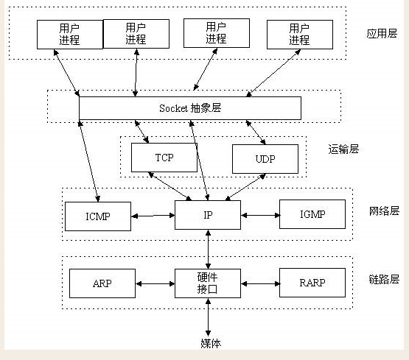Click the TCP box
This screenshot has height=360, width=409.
coord(164,158)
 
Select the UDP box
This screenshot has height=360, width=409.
coord(265,159)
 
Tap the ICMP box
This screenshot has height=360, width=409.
coord(98,216)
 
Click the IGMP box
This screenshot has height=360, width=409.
coord(312,214)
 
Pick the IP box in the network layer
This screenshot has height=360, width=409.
coord(208,215)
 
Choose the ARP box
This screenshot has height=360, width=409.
coord(102,283)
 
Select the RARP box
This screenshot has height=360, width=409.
coord(312,283)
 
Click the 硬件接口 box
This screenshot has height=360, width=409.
coord(208,283)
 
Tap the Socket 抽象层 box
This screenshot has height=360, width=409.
coord(190,108)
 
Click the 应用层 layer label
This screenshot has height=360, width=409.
coord(382,34)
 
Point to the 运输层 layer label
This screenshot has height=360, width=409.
coord(343,149)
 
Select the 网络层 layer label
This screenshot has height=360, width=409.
coord(384,211)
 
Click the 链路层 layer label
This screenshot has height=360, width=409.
coord(384,279)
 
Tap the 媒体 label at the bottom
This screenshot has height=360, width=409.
coord(211,343)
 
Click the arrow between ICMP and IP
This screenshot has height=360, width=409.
coord(153,216)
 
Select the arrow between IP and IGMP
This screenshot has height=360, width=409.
coord(260,215)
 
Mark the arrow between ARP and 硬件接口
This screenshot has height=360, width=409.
coord(155,283)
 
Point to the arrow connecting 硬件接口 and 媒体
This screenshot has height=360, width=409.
coord(208,317)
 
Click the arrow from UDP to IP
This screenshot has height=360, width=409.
coord(245,187)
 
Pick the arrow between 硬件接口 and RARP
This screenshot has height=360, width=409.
coord(260,283)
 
